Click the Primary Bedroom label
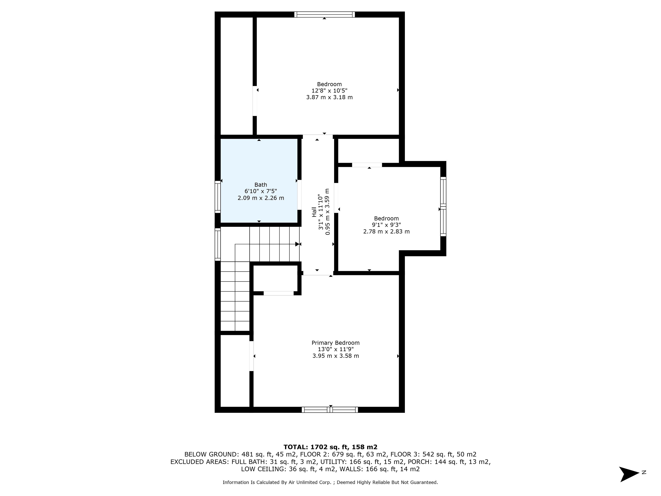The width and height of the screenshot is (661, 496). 336,343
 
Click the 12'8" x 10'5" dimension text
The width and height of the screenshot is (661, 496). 329,91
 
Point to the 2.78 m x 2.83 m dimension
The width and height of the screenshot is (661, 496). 386,231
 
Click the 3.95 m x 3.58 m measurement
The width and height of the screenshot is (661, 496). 336,356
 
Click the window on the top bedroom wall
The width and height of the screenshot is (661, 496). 324,14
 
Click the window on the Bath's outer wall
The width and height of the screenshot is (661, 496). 218,197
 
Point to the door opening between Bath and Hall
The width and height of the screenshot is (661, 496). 299,195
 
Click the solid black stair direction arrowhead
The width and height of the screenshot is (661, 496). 297,244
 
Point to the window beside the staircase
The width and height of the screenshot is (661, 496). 218,244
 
